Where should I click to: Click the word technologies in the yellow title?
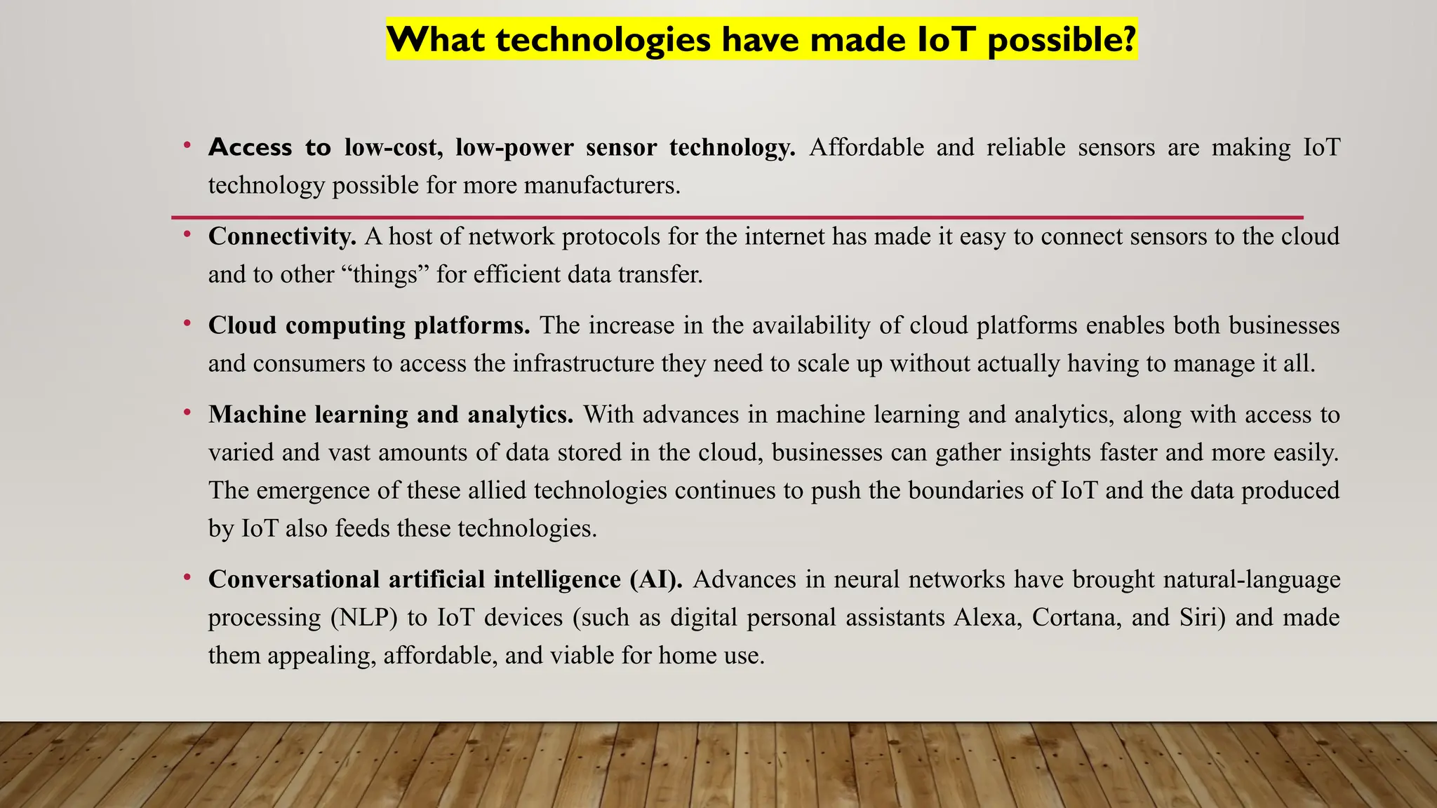pos(603,39)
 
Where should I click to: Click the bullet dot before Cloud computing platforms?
pos(187,323)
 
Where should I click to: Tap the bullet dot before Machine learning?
pos(187,412)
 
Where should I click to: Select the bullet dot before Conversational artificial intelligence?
pos(187,577)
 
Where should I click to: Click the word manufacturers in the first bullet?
pos(601,185)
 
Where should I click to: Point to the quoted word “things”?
pos(384,274)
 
